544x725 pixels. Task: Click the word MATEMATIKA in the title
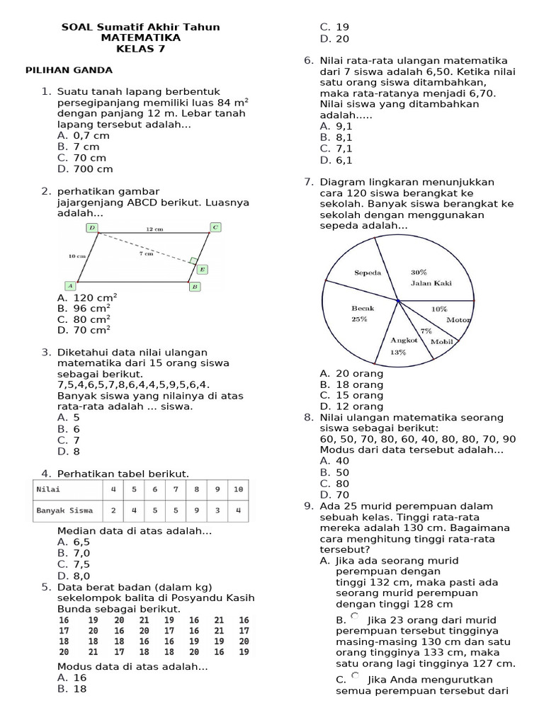140,38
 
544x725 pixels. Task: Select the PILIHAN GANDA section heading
69,71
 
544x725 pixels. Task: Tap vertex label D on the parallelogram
92,227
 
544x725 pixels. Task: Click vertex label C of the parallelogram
215,227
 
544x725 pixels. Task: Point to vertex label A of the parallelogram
70,285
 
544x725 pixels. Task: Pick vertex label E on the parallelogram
202,269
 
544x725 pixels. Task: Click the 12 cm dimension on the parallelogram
154,229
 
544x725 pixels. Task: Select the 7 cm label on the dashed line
146,253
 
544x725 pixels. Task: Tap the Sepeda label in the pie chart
368,273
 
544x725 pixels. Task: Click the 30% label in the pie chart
419,272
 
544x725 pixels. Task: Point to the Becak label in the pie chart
362,308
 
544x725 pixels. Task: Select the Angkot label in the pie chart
404,340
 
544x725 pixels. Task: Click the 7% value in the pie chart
426,331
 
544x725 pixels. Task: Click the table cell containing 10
237,489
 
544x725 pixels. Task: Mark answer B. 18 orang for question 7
351,384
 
